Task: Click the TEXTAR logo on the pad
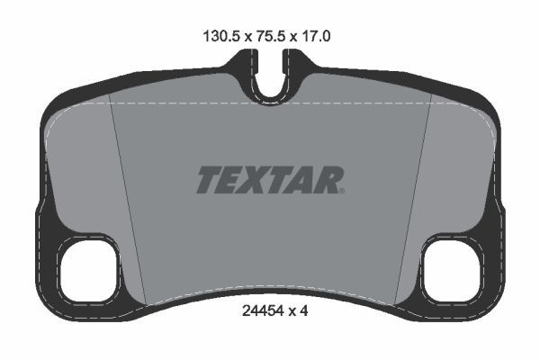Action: click(269, 179)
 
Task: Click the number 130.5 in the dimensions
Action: click(215, 38)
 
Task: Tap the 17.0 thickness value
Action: click(322, 38)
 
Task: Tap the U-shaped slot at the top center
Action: click(269, 76)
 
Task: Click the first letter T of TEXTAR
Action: click(208, 179)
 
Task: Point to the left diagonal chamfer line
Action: click(128, 198)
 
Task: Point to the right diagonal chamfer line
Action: click(411, 198)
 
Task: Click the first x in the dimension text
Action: click(242, 39)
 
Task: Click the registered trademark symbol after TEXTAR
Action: click(342, 190)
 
